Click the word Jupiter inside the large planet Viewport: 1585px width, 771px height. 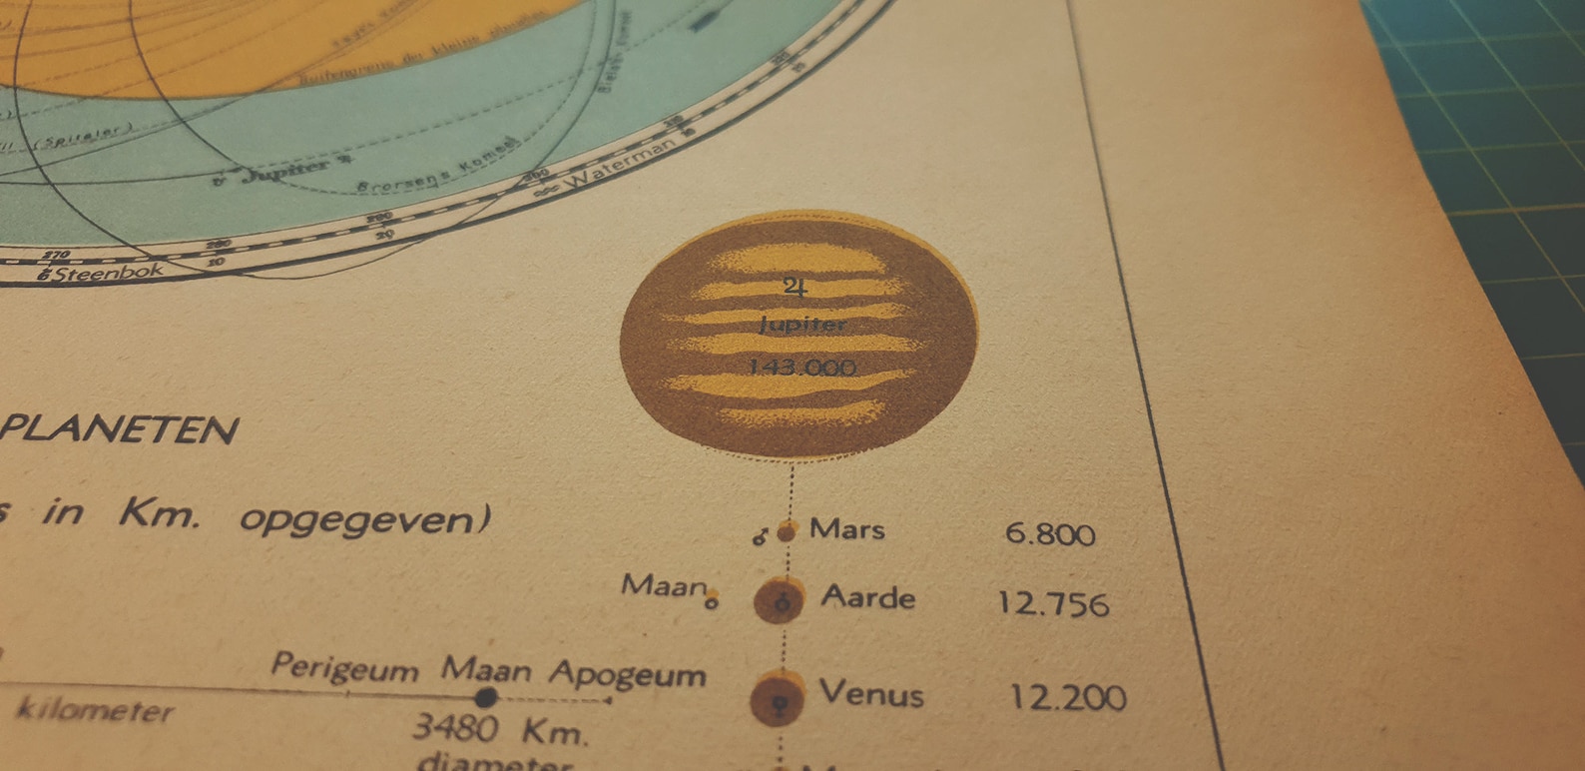[x=802, y=325]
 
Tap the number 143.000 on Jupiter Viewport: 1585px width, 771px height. [x=802, y=368]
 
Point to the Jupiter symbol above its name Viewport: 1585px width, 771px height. [x=794, y=288]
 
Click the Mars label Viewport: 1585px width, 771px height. [x=846, y=528]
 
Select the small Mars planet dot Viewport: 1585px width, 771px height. [x=787, y=531]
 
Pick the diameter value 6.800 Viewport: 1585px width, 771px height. [x=1050, y=533]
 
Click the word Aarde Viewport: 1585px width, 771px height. [x=867, y=597]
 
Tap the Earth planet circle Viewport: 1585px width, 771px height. [x=780, y=600]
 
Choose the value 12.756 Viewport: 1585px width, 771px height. [x=1053, y=603]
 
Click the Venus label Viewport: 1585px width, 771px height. [x=871, y=692]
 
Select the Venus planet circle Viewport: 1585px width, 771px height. [x=779, y=698]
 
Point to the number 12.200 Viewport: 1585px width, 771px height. [x=1067, y=697]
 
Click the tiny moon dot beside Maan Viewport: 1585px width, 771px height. [x=712, y=601]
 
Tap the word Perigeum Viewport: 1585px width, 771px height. [x=344, y=667]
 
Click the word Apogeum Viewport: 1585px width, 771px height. [x=628, y=674]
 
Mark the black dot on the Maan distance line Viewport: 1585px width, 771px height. [x=486, y=697]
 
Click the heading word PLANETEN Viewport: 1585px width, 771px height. [x=120, y=429]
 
